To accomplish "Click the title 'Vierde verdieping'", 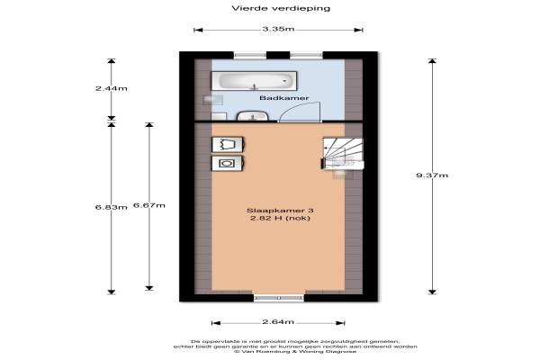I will point(269,8).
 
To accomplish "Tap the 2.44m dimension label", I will point(112,89).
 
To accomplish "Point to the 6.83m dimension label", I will point(111,207).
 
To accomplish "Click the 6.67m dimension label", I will point(148,206).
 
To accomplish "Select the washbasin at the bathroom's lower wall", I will point(250,115).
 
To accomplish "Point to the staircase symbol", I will point(343,154).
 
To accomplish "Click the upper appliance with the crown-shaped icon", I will point(225,144).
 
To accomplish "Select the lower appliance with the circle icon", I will point(225,163).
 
